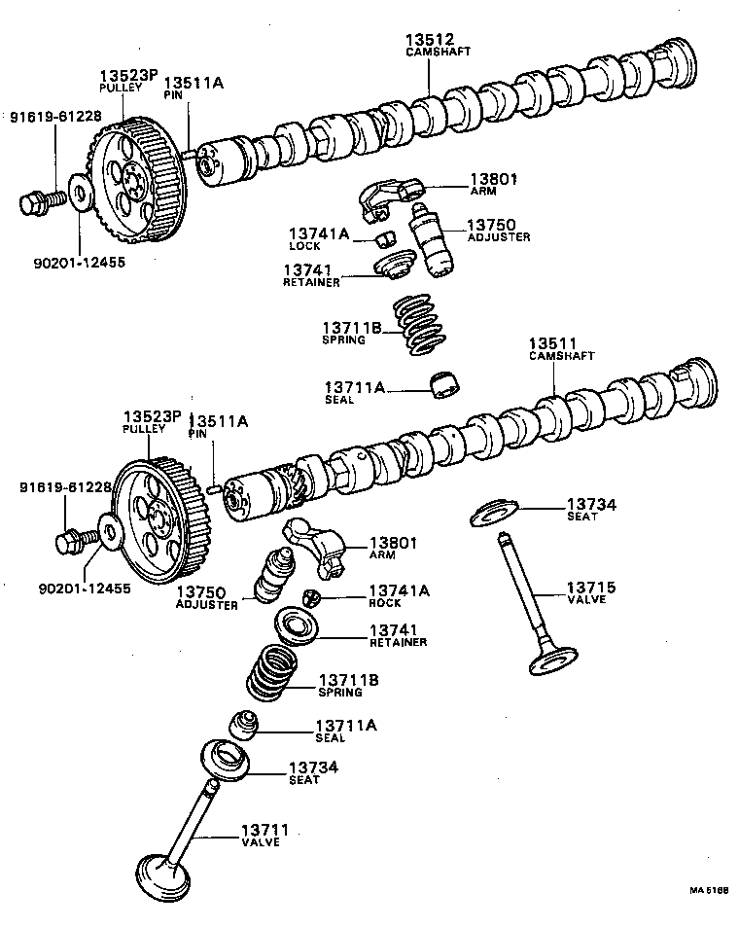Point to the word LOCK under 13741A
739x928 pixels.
(x=304, y=246)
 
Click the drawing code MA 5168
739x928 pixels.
(x=709, y=890)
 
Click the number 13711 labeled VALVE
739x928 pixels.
(x=264, y=829)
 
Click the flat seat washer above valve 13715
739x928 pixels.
(x=497, y=513)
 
